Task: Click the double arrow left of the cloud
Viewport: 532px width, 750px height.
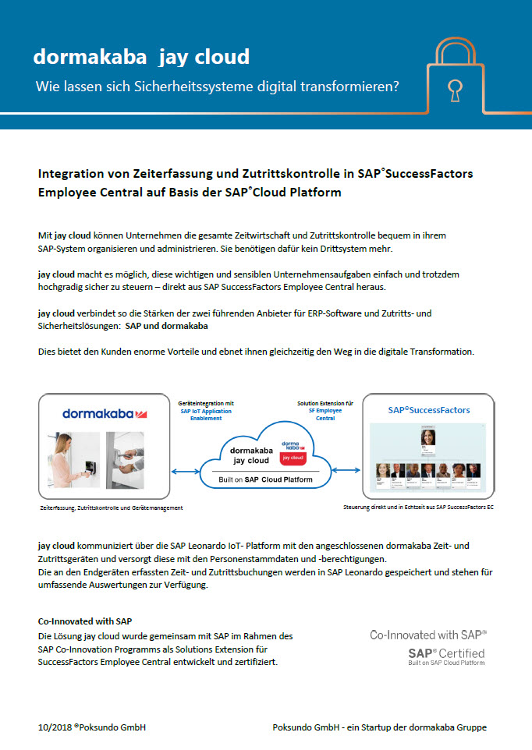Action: [x=186, y=471]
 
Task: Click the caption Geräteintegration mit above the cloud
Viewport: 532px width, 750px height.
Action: [x=206, y=403]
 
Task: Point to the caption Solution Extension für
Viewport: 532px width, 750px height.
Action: [x=325, y=403]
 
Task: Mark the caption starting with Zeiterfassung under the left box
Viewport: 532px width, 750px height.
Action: [x=111, y=508]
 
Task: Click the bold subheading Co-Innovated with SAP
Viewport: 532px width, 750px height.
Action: [x=85, y=621]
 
